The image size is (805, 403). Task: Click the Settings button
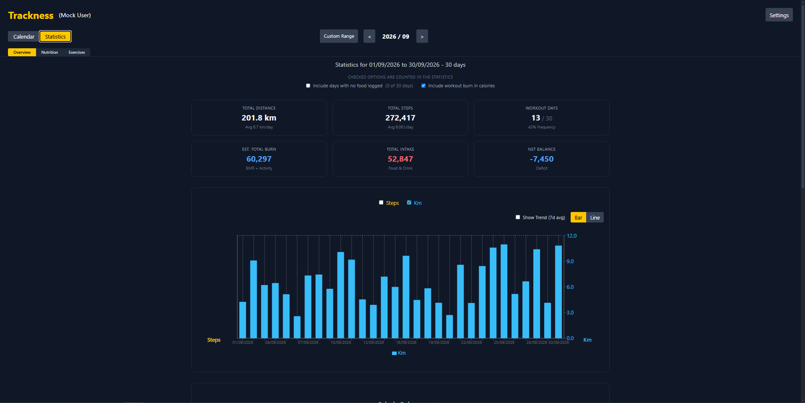tap(779, 15)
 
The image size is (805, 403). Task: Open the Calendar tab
tap(23, 37)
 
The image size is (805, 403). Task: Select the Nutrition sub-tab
tap(49, 52)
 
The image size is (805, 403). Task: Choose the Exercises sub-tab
tap(77, 52)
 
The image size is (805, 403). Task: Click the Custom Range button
tap(339, 36)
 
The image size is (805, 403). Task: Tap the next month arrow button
tap(422, 37)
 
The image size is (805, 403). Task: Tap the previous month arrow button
tap(369, 37)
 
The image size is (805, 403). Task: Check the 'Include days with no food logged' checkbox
tap(308, 86)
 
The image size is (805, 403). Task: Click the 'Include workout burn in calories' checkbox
tap(423, 86)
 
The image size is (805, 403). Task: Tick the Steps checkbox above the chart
tap(381, 202)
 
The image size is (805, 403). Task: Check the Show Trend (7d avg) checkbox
tap(518, 217)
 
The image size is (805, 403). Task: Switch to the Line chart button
tap(595, 217)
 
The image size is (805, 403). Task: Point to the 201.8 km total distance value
tap(259, 118)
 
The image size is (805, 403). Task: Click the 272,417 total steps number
tap(400, 118)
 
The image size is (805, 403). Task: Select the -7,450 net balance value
tap(542, 159)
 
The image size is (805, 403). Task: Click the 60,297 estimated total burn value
tap(259, 159)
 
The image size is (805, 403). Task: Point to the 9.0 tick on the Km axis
tap(570, 262)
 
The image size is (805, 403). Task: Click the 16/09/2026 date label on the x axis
tap(406, 343)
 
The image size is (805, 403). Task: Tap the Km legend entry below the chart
tap(399, 353)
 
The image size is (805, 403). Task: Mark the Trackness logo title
tap(31, 16)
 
